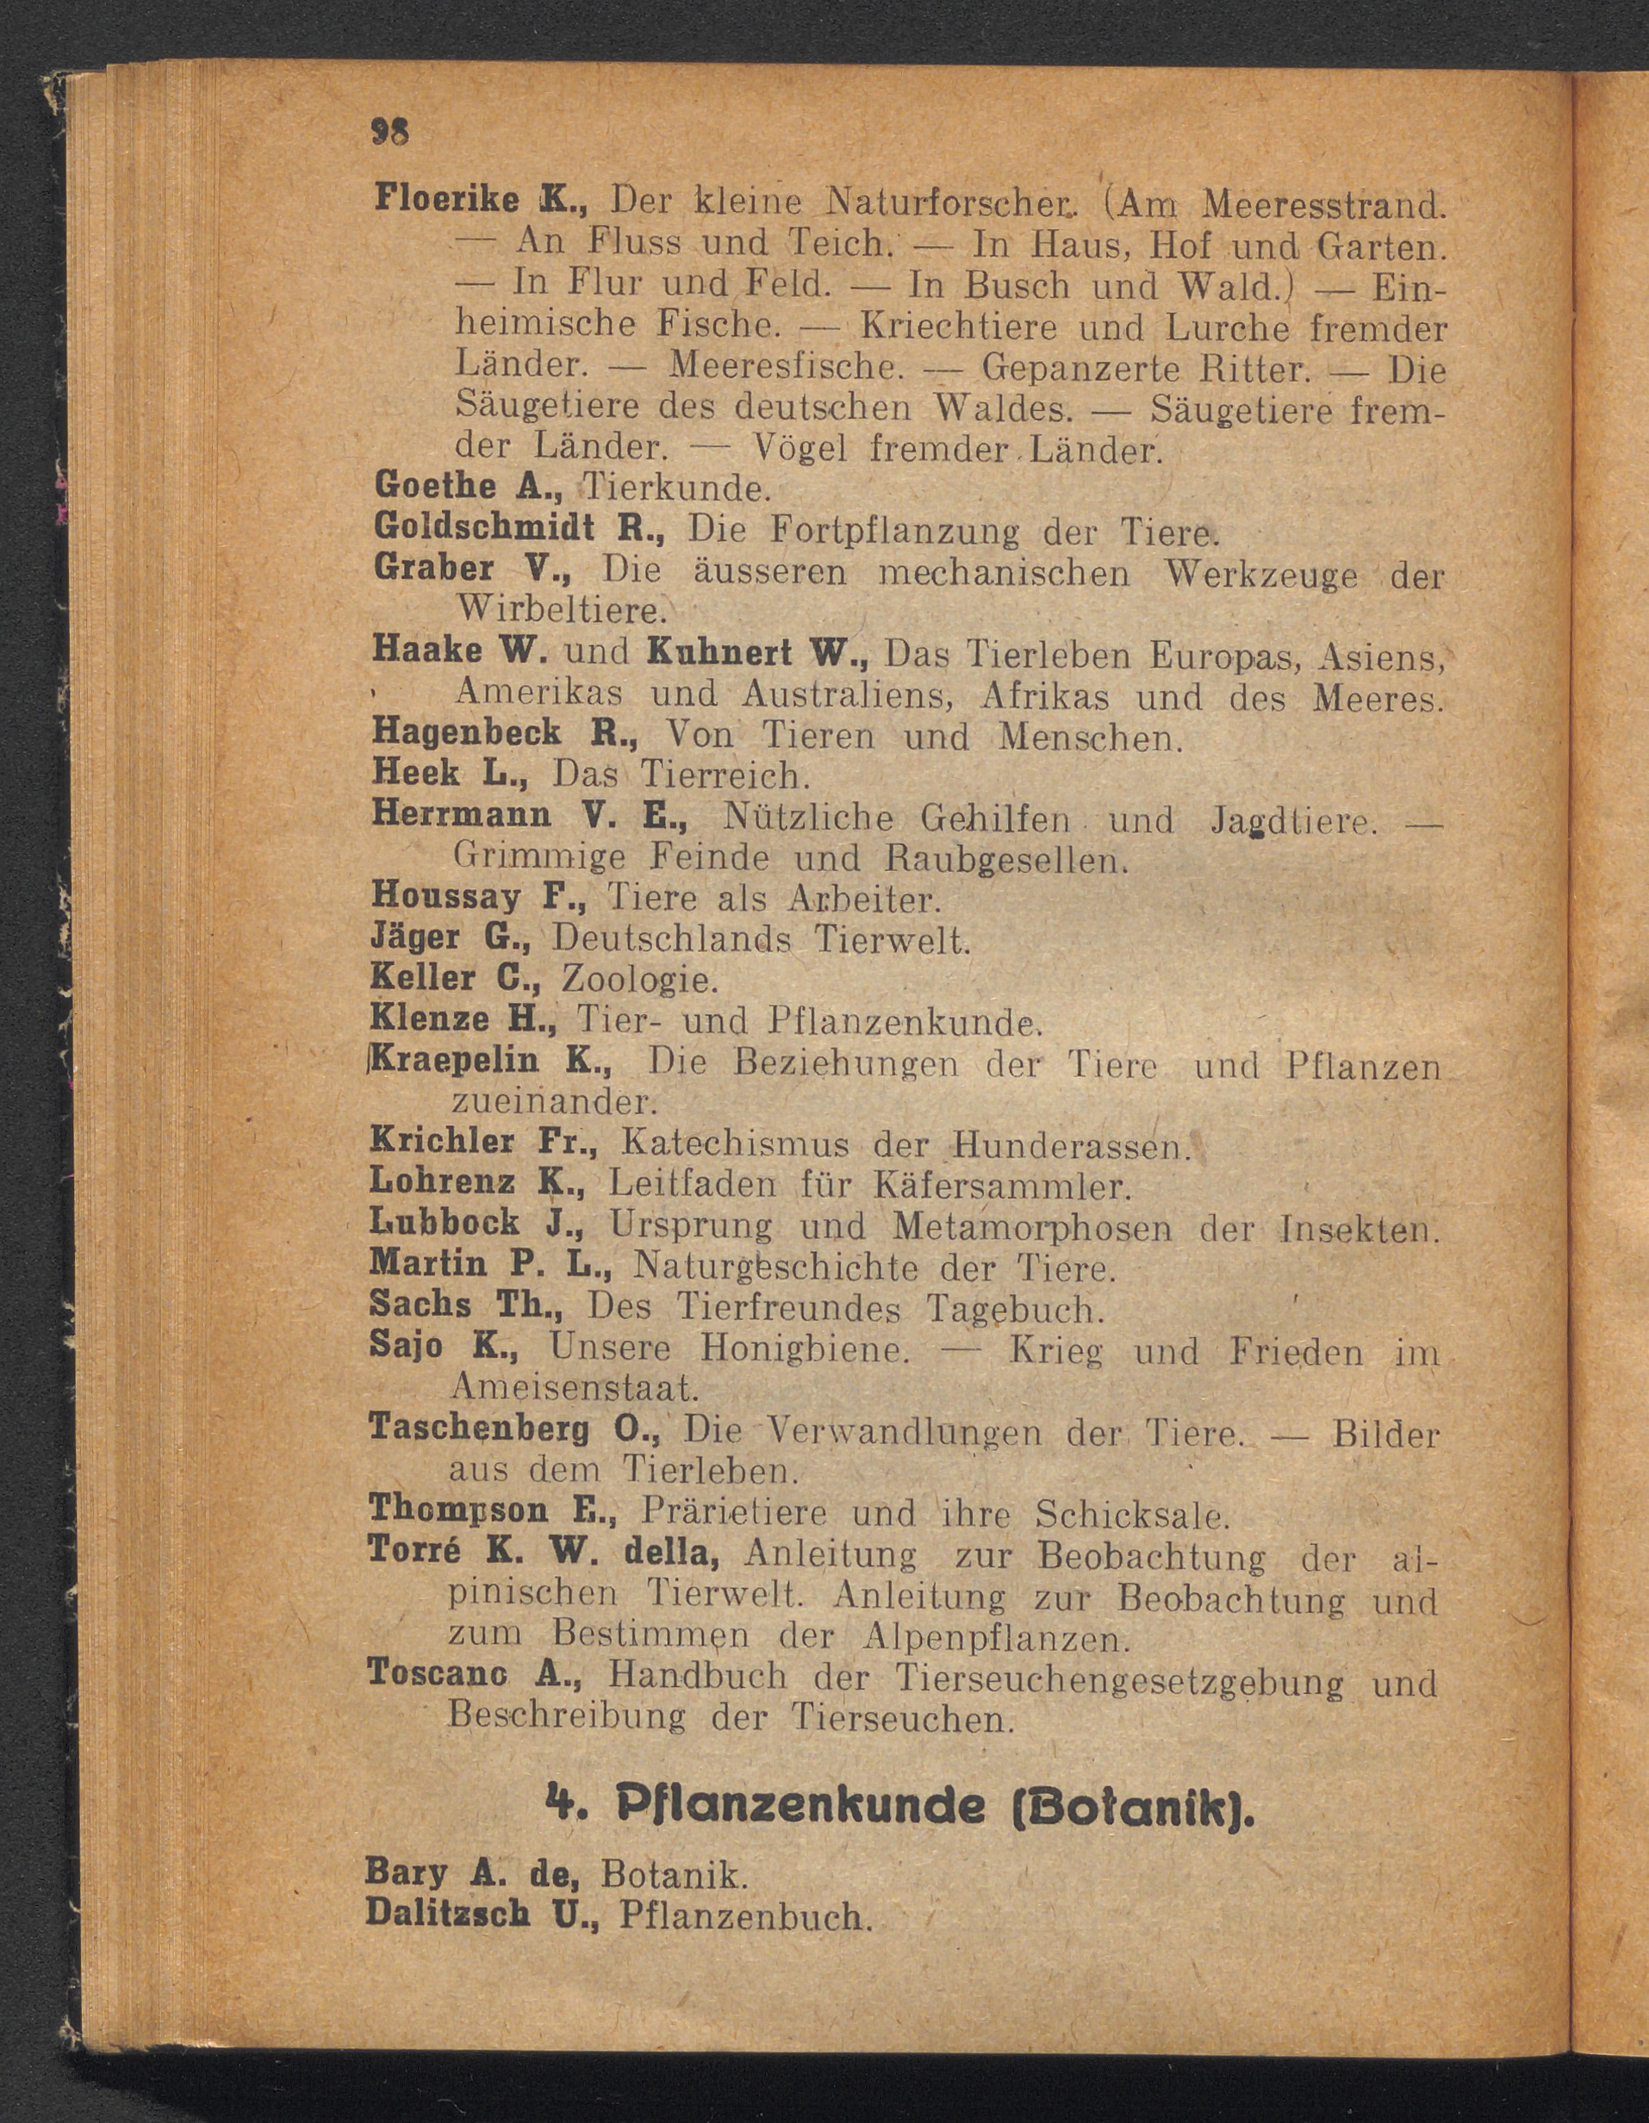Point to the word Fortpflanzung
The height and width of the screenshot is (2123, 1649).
point(894,531)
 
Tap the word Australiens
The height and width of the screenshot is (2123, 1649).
point(849,696)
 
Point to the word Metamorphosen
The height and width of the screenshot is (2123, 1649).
point(1033,1228)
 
